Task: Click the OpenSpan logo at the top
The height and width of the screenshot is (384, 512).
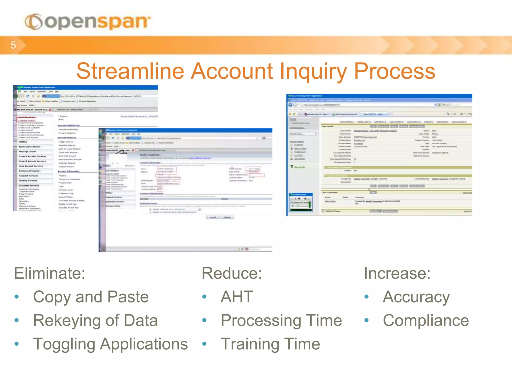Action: tap(87, 22)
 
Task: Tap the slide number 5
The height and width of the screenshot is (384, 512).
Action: tap(13, 45)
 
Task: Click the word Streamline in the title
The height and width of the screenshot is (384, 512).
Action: tap(130, 71)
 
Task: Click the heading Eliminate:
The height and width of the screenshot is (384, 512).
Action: tap(49, 273)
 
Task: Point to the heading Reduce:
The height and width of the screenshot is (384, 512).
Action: tap(232, 273)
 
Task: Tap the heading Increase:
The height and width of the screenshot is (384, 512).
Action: tap(397, 273)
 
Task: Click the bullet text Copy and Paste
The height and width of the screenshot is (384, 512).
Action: tap(91, 297)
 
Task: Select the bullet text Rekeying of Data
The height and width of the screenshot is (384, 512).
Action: tap(95, 320)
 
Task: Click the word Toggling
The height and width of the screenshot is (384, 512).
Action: tap(64, 344)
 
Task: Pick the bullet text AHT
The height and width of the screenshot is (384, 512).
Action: tap(237, 297)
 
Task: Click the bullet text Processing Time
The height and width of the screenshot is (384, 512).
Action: tap(281, 320)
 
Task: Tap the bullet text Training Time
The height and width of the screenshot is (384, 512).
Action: tap(270, 344)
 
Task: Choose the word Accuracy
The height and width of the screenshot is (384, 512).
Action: tap(416, 297)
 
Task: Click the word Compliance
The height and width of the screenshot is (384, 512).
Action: tap(426, 320)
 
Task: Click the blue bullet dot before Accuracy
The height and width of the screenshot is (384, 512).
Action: tap(366, 297)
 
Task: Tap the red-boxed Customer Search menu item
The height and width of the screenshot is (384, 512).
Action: tap(26, 120)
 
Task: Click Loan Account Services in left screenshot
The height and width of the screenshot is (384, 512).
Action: tap(31, 166)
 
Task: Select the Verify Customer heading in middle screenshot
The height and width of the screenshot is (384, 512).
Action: tap(149, 155)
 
